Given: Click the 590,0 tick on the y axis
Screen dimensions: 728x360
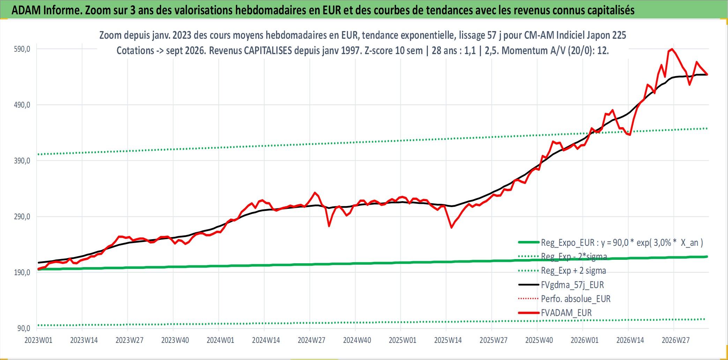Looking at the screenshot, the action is (22, 49).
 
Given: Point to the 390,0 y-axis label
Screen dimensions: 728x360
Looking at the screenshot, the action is (22, 161).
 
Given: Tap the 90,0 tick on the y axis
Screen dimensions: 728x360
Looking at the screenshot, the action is (24, 328).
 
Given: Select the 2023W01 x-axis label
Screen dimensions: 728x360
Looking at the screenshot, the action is (38, 340).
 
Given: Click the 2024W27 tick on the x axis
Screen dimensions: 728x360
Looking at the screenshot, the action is (311, 340).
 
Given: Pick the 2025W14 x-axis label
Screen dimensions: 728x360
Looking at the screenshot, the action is (448, 340).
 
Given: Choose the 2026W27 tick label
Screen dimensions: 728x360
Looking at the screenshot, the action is (676, 340).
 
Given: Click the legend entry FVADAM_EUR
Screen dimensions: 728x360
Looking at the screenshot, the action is (566, 313).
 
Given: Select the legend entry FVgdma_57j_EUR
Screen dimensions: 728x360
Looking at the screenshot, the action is (572, 285).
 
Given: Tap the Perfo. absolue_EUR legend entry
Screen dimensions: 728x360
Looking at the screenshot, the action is (575, 299).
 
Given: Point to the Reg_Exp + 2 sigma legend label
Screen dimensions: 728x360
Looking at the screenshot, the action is (573, 271).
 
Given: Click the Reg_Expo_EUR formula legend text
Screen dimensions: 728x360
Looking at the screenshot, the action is (622, 243).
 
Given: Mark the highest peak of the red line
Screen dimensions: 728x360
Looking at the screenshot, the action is (672, 49).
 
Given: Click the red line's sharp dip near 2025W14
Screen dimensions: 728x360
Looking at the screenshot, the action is (451, 228).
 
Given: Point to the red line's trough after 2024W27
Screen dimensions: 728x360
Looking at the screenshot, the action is (329, 226).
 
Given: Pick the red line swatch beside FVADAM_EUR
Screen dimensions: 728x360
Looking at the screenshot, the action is (529, 313).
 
